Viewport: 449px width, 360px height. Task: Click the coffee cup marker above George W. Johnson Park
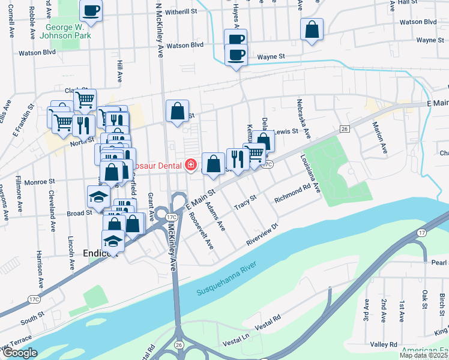[x=91, y=10]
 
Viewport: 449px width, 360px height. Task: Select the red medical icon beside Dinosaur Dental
[x=191, y=164]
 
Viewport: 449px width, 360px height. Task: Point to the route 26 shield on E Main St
[x=344, y=129]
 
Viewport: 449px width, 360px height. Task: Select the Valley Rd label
[x=384, y=344]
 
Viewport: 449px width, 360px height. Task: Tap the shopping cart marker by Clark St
[x=85, y=100]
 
